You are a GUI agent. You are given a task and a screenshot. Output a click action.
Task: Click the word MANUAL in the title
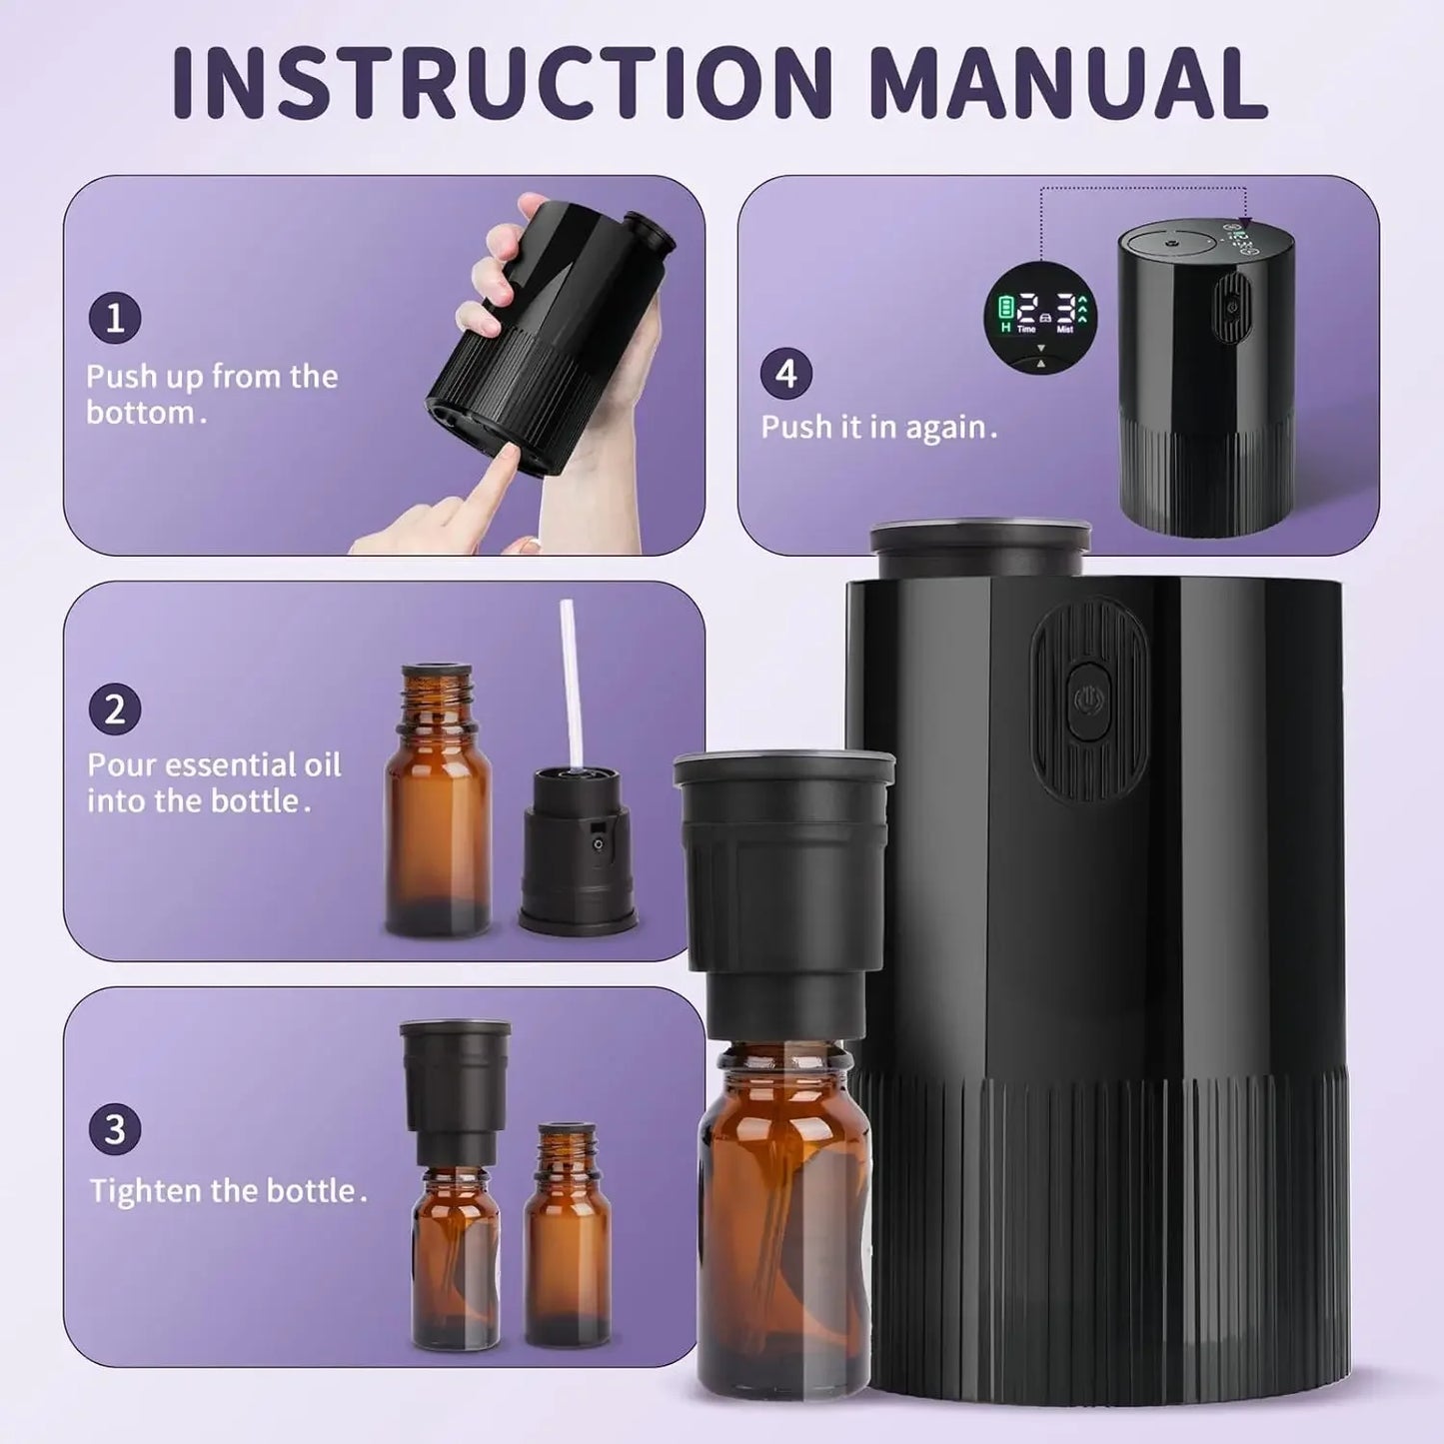1068,82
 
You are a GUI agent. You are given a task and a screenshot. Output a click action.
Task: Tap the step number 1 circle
115,319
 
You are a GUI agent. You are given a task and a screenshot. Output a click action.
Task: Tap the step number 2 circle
115,710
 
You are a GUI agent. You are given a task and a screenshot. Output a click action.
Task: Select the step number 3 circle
115,1129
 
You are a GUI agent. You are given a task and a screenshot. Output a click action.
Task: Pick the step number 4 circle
786,374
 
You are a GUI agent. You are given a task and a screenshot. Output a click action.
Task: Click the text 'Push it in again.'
878,428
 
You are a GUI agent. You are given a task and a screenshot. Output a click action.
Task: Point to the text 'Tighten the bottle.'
228,1191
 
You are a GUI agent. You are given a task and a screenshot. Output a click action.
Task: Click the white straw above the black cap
570,680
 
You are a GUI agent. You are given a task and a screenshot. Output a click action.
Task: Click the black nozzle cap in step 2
577,849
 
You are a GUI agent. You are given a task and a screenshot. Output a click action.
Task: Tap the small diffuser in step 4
1206,380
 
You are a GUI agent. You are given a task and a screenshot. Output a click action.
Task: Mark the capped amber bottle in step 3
456,1189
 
